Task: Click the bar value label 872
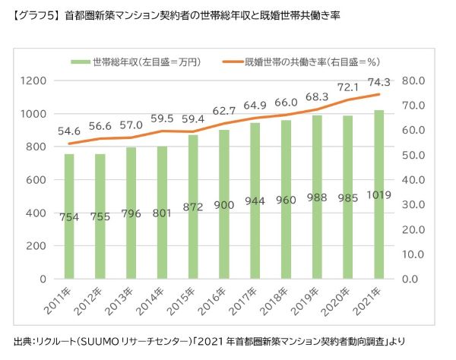(193, 207)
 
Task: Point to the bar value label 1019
(378, 196)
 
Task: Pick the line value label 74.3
(378, 82)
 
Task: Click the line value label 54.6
(69, 131)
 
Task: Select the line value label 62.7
(224, 109)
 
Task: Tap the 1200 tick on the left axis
(34, 81)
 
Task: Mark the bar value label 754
(69, 216)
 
